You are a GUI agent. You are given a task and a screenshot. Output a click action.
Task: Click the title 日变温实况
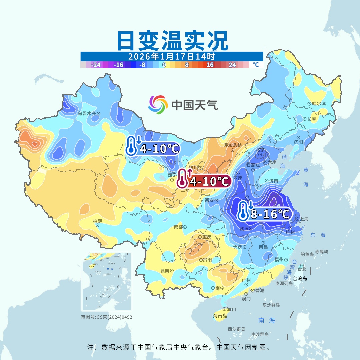pyautogui.click(x=172, y=41)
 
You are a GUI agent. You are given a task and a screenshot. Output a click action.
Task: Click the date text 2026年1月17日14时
pyautogui.click(x=171, y=56)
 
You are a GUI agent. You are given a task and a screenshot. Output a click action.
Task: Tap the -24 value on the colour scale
pyautogui.click(x=96, y=65)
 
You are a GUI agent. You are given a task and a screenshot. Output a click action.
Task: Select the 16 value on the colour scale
pyautogui.click(x=210, y=65)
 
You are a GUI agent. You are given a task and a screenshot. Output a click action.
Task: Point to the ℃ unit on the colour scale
pyautogui.click(x=255, y=65)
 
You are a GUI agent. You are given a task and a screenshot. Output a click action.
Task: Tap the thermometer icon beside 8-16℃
pyautogui.click(x=244, y=211)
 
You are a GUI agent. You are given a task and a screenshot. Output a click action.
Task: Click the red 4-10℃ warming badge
pyautogui.click(x=204, y=181)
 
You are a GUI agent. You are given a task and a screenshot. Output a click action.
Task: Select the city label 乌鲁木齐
pyautogui.click(x=87, y=113)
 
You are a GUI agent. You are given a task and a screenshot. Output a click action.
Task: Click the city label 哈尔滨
pyautogui.click(x=319, y=104)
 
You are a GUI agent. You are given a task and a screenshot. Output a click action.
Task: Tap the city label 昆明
pyautogui.click(x=165, y=271)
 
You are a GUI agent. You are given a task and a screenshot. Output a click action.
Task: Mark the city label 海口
pyautogui.click(x=231, y=309)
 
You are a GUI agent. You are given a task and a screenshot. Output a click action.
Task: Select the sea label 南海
pyautogui.click(x=267, y=320)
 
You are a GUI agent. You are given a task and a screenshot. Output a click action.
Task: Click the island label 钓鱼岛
pyautogui.click(x=307, y=254)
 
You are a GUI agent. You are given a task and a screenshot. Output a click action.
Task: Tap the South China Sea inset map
pyautogui.click(x=106, y=282)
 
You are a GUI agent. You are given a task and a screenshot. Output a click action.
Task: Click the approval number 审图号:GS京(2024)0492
pyautogui.click(x=107, y=317)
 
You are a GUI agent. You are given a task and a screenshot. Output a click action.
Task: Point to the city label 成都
pyautogui.click(x=178, y=227)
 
